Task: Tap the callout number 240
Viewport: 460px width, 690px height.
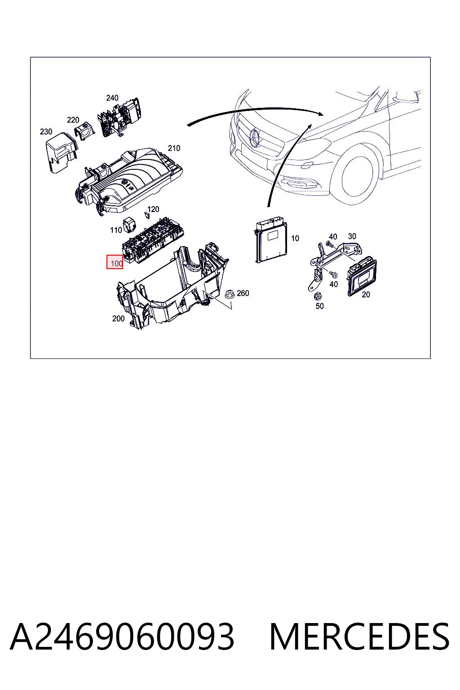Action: pyautogui.click(x=112, y=98)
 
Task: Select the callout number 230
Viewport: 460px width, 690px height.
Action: pyautogui.click(x=46, y=132)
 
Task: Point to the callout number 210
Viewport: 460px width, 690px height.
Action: pyautogui.click(x=174, y=148)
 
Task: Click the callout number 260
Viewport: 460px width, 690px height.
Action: pyautogui.click(x=243, y=293)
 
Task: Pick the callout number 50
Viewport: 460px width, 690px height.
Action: pyautogui.click(x=319, y=306)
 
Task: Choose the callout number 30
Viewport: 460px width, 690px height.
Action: pyautogui.click(x=352, y=236)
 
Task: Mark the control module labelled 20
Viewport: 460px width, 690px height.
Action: pyautogui.click(x=362, y=276)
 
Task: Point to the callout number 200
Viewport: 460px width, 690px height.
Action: pyautogui.click(x=118, y=318)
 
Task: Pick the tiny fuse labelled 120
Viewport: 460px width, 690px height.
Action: pyautogui.click(x=147, y=215)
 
